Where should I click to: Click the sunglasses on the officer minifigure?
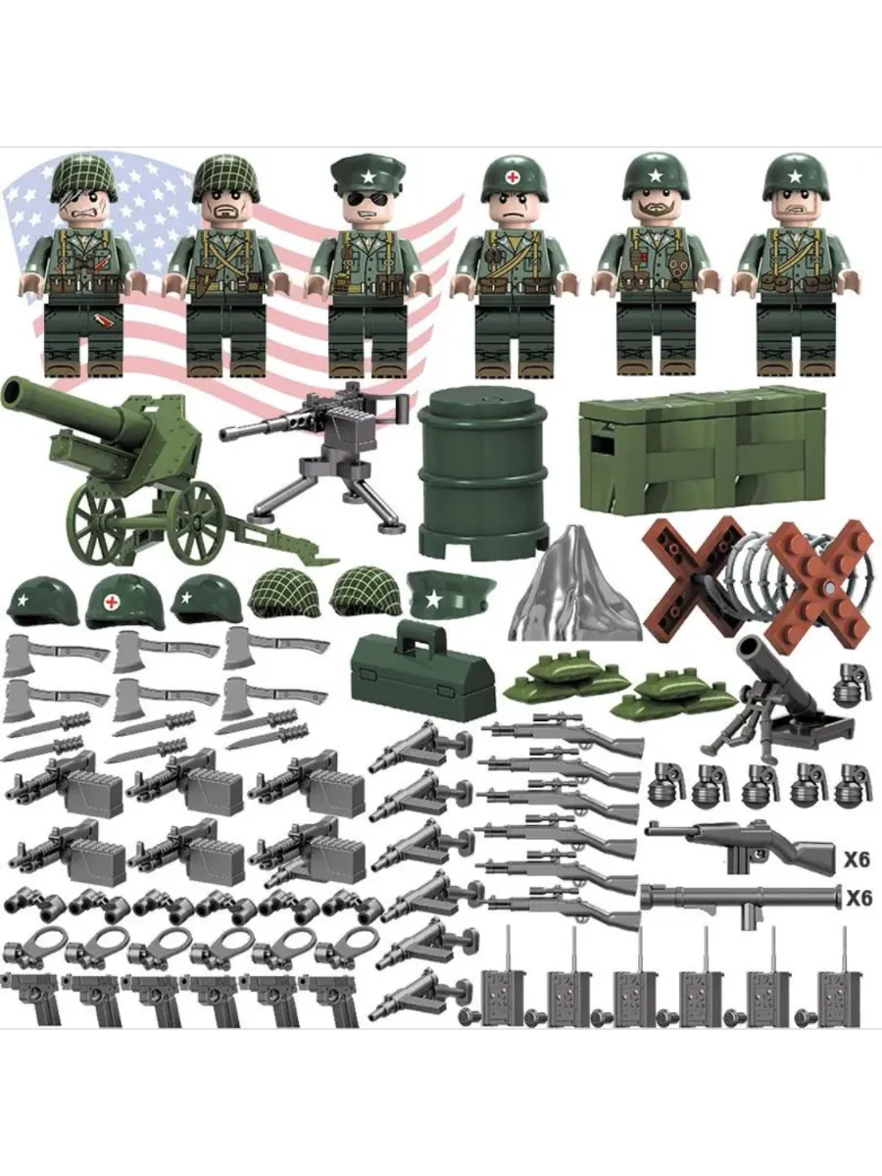click(365, 200)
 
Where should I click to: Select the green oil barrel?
click(482, 473)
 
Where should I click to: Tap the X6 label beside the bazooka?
click(858, 899)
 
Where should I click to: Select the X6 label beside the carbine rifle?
click(857, 859)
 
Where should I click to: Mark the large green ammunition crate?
click(703, 452)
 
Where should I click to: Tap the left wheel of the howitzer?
click(95, 522)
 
